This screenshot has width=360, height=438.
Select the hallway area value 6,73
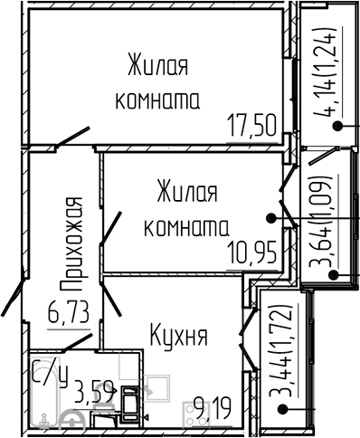pos(68,316)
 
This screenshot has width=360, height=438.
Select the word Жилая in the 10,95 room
pos(186,193)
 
